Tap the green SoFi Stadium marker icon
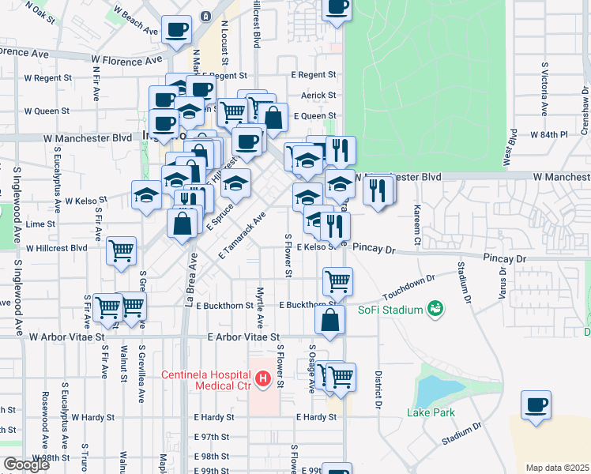click(434, 309)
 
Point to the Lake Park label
click(431, 412)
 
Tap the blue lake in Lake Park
click(432, 389)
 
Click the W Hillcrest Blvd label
click(56, 247)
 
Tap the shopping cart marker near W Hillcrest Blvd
click(122, 251)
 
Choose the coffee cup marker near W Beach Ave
click(176, 30)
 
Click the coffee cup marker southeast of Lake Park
click(536, 405)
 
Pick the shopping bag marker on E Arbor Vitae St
click(330, 320)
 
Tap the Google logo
click(26, 465)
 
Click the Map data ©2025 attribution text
click(557, 468)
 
